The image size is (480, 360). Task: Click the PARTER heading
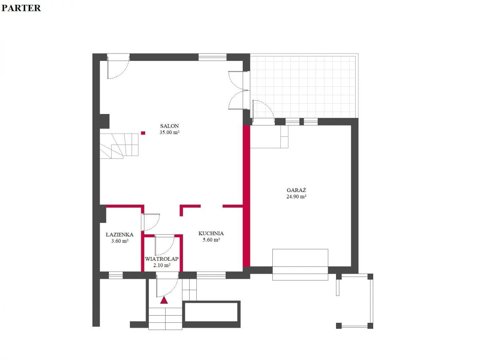coord(21,8)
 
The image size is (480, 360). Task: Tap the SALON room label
coord(169,126)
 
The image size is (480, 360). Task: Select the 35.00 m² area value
coord(169,132)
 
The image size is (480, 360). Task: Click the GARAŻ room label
coord(296,190)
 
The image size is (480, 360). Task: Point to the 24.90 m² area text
coord(296,196)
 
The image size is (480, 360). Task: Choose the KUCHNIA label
coord(211,233)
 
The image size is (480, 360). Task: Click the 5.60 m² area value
coord(211,240)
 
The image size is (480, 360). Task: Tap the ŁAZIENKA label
coord(119,234)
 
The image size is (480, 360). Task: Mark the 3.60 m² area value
coord(120,241)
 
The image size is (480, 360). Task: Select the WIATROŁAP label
coord(162,259)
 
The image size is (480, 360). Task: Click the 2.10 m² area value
coord(162,265)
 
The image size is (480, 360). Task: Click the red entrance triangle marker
coord(164,300)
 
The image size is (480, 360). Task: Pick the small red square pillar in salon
coord(143,133)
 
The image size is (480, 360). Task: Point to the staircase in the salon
coord(119,146)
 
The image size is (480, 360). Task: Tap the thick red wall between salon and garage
coord(246,196)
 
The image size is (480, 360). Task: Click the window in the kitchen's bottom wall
coord(211,275)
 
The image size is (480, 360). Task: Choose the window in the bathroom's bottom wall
coord(116,275)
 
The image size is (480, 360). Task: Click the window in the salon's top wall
coord(212,57)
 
